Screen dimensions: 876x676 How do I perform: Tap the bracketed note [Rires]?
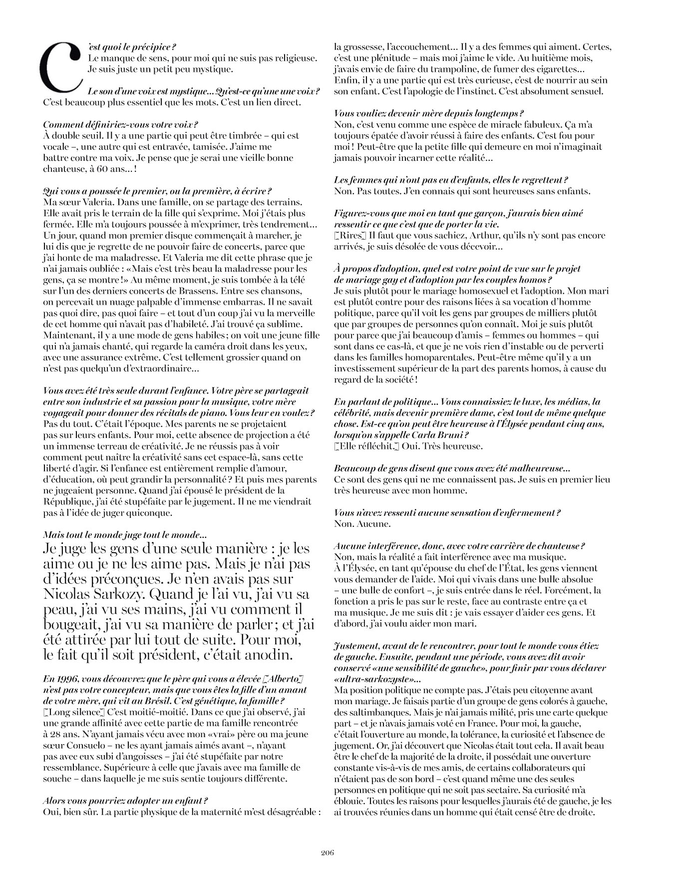coord(344,235)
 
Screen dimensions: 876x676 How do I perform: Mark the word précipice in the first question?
coord(148,47)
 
